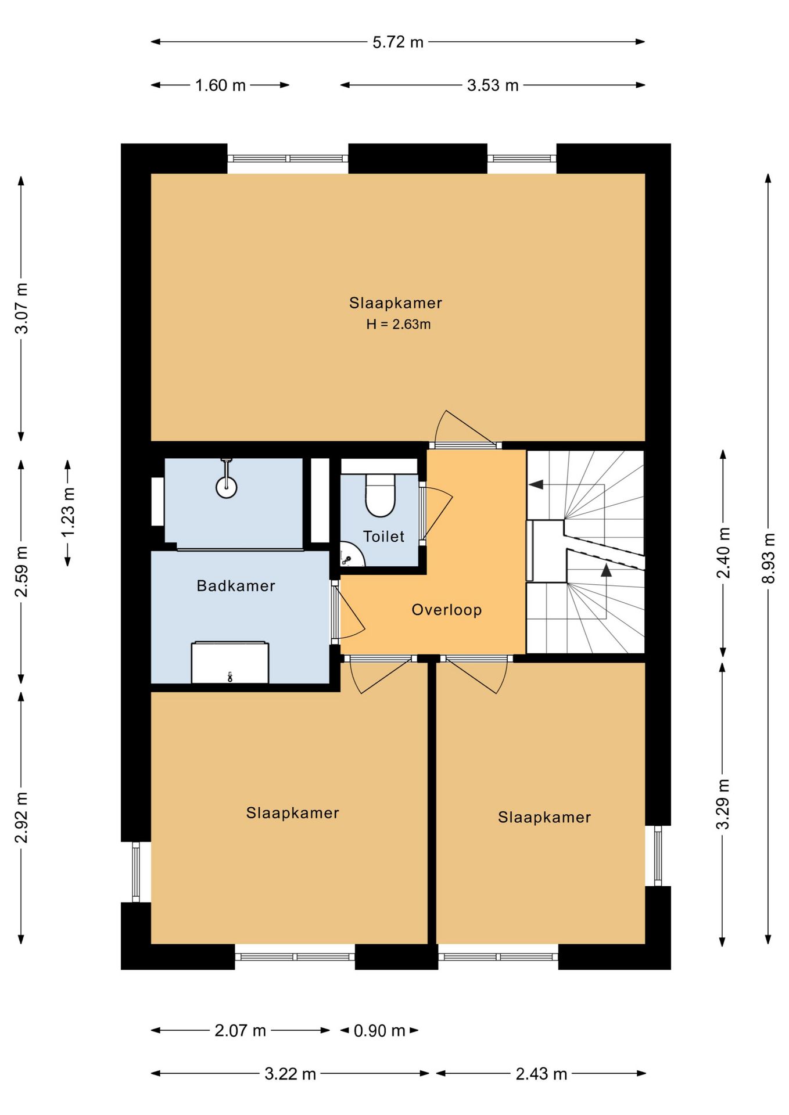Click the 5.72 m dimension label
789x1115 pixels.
tap(398, 42)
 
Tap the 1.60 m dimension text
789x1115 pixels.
tap(220, 85)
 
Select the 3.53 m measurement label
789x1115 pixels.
tap(493, 85)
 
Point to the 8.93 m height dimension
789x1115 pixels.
tap(769, 558)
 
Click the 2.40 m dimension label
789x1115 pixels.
tap(723, 553)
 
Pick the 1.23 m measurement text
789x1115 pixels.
tap(68, 512)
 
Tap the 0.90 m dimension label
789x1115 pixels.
tap(379, 1030)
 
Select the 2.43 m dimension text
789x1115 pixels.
tap(541, 1074)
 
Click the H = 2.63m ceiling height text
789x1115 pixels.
tap(399, 325)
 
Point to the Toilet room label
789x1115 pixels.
tap(383, 536)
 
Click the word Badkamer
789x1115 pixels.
tap(236, 585)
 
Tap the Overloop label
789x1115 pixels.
tap(447, 610)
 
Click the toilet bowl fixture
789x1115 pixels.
tap(380, 495)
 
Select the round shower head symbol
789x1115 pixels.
tap(227, 487)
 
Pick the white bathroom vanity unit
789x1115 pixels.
tap(230, 662)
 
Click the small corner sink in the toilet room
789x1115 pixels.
tap(350, 555)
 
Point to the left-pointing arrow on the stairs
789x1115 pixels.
tap(536, 484)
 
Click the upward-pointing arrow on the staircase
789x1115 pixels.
tap(606, 570)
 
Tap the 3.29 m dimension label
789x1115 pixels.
tap(723, 804)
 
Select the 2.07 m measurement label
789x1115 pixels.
tap(240, 1030)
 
